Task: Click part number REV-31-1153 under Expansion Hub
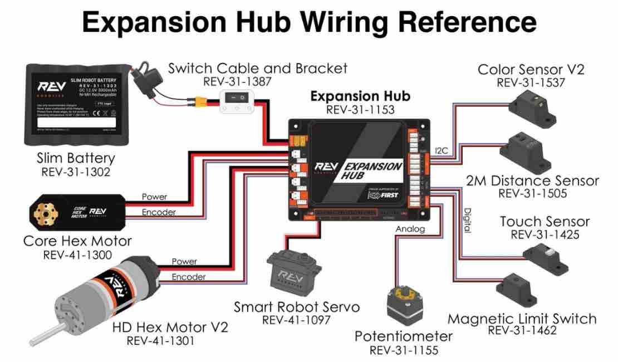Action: [360, 110]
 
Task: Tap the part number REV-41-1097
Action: [296, 320]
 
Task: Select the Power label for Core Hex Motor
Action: [154, 197]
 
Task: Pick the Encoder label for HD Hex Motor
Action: [188, 277]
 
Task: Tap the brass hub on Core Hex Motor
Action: [41, 213]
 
